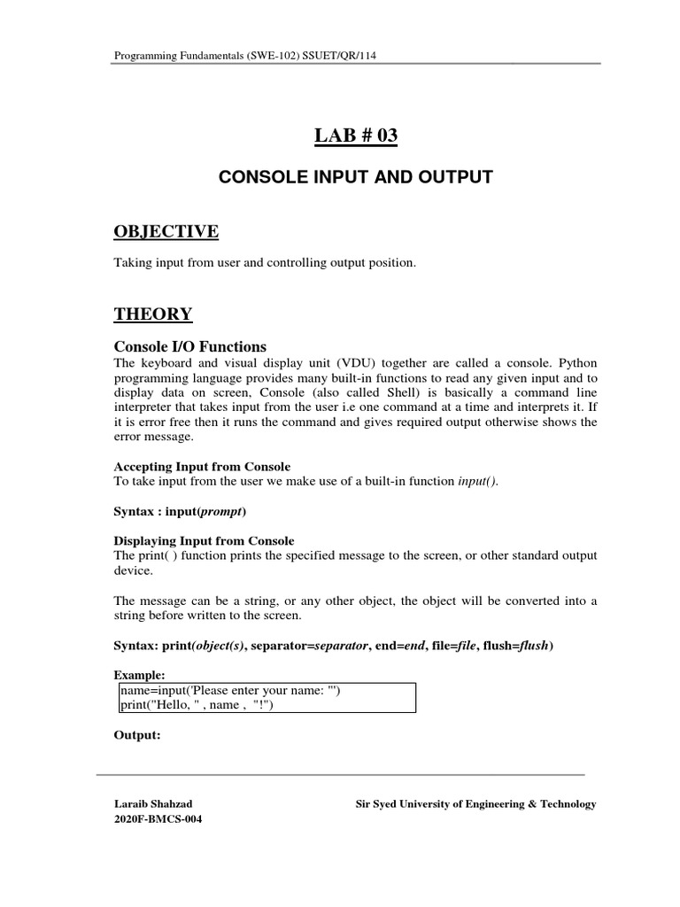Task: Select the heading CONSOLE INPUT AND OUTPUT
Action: coord(355,178)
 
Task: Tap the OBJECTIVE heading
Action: coord(166,231)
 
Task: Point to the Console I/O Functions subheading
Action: coord(190,346)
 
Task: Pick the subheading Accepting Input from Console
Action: coord(203,467)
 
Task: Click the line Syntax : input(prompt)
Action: coord(181,512)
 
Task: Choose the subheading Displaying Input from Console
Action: coord(205,540)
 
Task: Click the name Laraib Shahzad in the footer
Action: coord(153,804)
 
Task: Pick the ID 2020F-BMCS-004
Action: coord(158,819)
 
